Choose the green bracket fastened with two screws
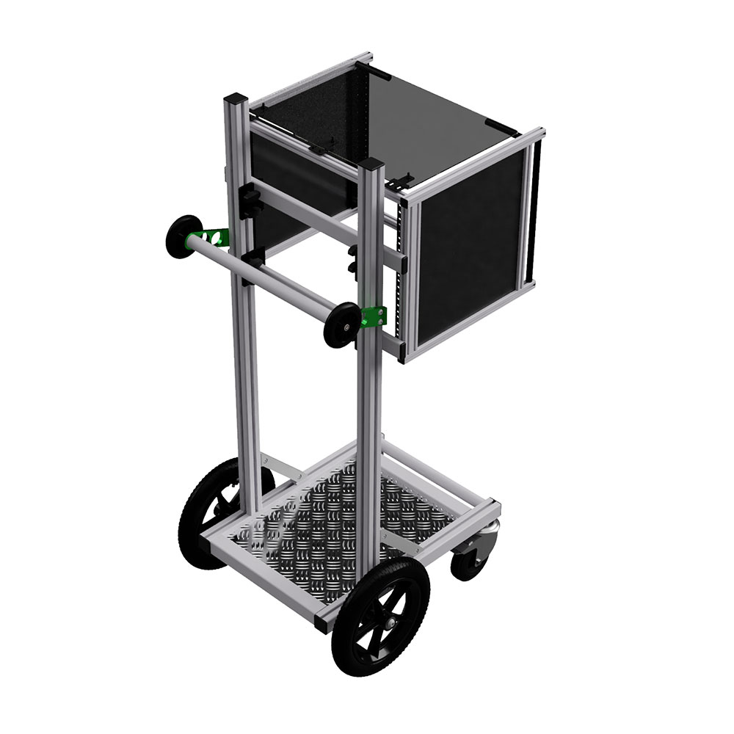click(x=374, y=316)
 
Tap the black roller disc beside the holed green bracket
click(x=183, y=236)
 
